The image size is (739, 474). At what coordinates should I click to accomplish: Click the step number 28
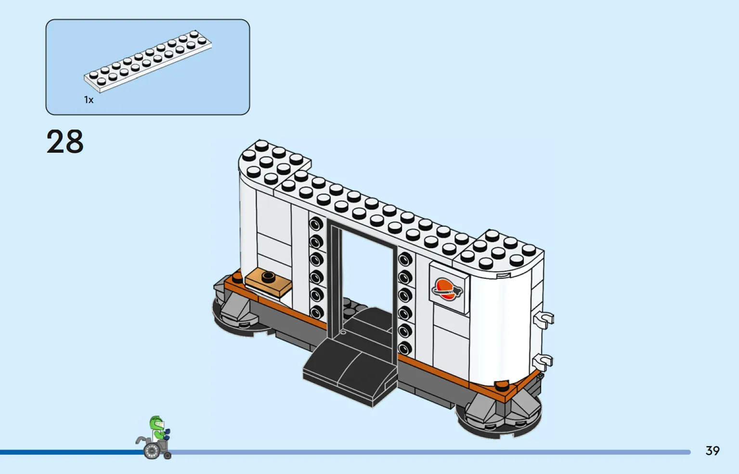point(65,142)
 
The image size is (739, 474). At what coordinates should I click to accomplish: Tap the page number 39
point(712,450)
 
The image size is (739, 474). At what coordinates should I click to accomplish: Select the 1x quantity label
point(89,100)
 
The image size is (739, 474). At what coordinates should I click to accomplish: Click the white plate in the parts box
point(148,61)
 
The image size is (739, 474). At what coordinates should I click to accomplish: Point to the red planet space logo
point(447,290)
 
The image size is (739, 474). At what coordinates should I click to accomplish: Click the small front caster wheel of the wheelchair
point(168,456)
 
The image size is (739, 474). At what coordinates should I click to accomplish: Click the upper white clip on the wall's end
point(544,319)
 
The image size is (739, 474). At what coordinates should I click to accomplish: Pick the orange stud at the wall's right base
point(502,385)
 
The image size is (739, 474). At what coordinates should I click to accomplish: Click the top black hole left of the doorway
point(316,224)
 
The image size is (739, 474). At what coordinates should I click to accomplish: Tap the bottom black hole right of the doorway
point(405,348)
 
